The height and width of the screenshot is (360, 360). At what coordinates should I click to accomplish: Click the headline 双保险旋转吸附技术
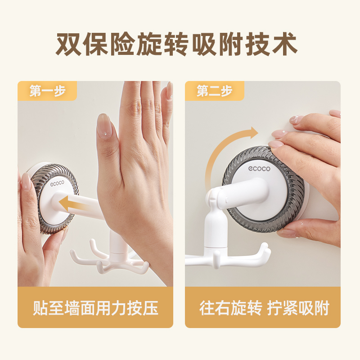pos(176,44)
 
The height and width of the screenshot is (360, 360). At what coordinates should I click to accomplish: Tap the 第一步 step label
pos(48,91)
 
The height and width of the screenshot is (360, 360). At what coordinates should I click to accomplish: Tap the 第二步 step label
pos(215,91)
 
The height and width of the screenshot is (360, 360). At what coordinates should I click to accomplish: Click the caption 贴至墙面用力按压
pos(95,308)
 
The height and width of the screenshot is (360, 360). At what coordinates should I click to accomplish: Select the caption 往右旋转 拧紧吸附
pos(264,308)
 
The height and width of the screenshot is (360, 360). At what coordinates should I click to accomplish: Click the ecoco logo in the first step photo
pos(57,184)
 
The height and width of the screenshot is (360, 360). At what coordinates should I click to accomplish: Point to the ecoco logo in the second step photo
pos(259,169)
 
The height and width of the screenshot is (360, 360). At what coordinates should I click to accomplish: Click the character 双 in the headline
pos(69,44)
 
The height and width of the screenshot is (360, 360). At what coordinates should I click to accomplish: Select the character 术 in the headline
pos(285,44)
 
